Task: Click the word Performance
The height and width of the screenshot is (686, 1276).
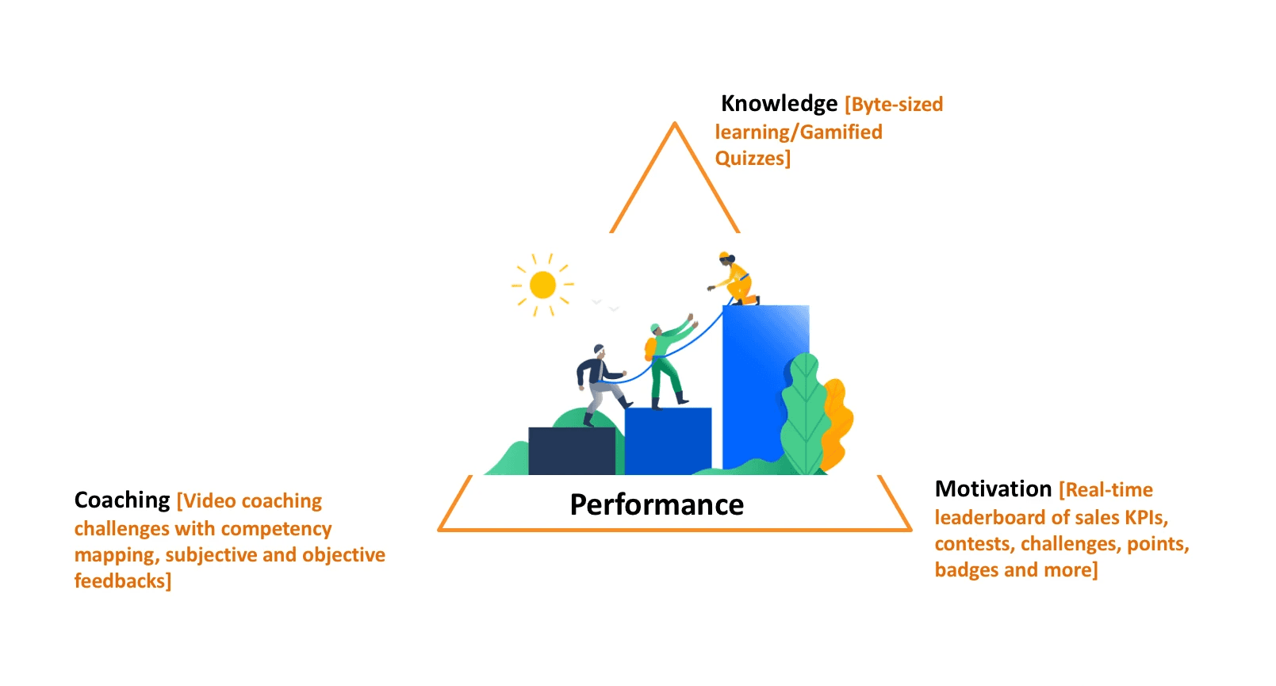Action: click(x=657, y=505)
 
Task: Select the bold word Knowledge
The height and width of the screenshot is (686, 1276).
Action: click(x=779, y=104)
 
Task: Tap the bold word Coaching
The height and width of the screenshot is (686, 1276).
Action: click(x=122, y=500)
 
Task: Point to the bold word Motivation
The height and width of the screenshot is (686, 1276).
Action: click(x=993, y=489)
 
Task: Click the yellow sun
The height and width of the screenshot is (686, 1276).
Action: click(x=542, y=285)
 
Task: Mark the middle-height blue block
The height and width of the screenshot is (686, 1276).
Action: click(x=668, y=440)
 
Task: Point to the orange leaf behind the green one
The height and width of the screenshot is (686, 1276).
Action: click(x=837, y=420)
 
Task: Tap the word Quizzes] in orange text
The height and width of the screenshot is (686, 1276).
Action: click(x=753, y=159)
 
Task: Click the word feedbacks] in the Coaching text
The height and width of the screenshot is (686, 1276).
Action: click(x=123, y=581)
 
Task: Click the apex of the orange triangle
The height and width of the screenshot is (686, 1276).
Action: click(x=675, y=125)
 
